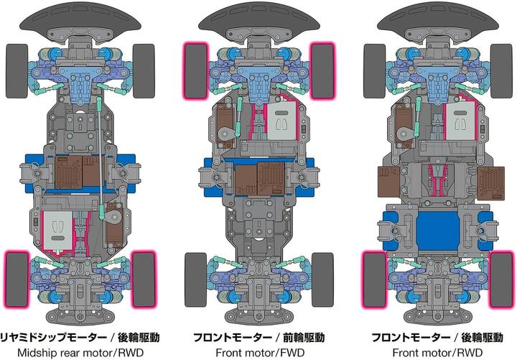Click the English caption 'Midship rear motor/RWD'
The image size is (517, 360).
80,352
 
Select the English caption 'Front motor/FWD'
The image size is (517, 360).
260,352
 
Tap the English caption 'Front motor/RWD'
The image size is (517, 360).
437,352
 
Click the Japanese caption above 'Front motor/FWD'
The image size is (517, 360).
258,337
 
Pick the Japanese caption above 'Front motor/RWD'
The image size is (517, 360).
437,337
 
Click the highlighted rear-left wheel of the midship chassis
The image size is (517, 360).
17,280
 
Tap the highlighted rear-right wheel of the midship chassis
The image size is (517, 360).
144,280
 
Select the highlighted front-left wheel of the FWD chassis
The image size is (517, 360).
196,70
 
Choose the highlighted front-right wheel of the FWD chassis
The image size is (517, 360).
323,70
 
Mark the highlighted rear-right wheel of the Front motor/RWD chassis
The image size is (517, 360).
501,280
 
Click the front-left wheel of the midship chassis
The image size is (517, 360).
17,71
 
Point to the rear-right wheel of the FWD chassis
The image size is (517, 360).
323,280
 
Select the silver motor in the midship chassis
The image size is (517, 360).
57,231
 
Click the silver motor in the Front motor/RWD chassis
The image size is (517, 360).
460,121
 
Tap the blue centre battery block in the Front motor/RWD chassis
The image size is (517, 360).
437,231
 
